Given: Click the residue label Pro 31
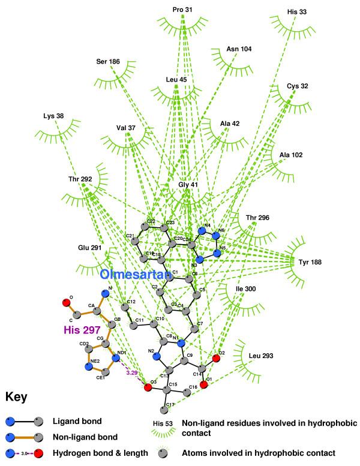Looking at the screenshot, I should point(182,10).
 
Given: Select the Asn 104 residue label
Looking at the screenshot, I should point(239,49).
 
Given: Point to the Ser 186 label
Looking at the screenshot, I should point(109,61).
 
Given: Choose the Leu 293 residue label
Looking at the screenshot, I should point(261,356).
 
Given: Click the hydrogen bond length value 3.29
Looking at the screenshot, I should point(131,373).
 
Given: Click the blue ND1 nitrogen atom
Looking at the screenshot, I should point(116,359).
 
